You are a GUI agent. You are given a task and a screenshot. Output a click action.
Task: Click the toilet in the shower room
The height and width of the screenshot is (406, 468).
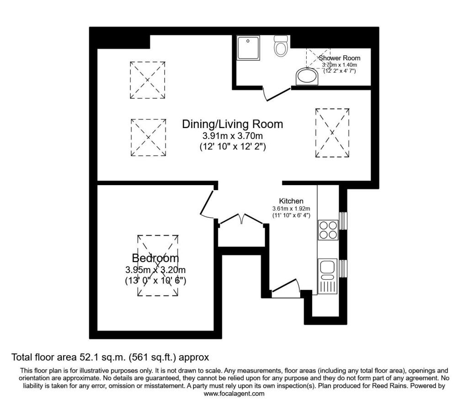[281, 46]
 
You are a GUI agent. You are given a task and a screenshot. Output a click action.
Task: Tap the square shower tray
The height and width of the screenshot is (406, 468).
[248, 48]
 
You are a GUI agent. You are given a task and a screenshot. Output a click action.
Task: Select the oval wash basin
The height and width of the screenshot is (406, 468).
[307, 77]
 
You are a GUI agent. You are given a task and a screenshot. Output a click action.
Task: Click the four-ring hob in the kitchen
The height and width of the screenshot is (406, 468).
[328, 230]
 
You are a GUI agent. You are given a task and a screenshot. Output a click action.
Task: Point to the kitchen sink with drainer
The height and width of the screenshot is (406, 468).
[327, 276]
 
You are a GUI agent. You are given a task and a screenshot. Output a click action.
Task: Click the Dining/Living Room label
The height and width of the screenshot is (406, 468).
[233, 124]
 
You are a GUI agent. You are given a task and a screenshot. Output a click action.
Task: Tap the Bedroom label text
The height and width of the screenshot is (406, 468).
[155, 258]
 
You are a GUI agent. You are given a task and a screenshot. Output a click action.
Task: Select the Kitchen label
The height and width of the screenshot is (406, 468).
[291, 201]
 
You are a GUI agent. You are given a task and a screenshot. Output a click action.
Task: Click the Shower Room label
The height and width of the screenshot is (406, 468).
[340, 58]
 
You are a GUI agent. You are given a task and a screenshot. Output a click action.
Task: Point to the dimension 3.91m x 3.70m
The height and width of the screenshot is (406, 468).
[233, 136]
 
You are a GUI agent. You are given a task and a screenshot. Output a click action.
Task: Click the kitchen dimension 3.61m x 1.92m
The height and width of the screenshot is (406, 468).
[291, 208]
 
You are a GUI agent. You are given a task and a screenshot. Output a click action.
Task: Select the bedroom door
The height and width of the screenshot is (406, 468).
[207, 203]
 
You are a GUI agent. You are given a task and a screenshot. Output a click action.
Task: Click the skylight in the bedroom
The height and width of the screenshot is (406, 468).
[158, 265]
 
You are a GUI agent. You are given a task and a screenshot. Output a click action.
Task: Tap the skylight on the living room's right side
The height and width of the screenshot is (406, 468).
[332, 133]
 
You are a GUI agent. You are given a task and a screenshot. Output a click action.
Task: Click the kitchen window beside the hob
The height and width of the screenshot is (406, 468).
[344, 221]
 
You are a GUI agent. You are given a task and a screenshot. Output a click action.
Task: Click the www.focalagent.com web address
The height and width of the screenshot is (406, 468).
[234, 394]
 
